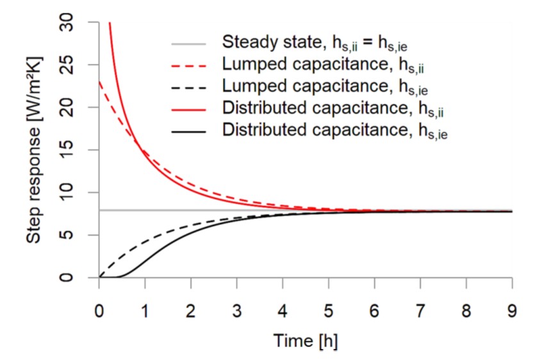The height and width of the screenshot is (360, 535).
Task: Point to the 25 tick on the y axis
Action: coord(76,65)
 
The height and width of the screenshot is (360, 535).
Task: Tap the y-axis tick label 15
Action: coord(76,151)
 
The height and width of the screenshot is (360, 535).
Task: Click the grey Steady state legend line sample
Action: coord(189,44)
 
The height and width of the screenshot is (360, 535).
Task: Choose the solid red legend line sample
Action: coord(189,110)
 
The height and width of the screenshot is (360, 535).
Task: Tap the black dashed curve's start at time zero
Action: coord(99,277)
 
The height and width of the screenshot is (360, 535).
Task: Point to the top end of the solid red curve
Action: coord(110,23)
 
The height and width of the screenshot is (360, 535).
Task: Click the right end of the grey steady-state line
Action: coord(512,210)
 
